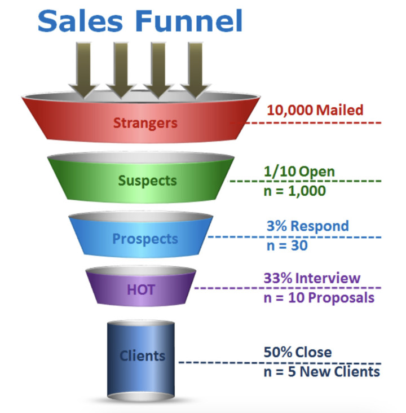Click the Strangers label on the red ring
pos(145,122)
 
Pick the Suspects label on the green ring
pos(147,181)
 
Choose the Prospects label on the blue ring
pos(145,238)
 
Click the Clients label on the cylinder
pos(142,356)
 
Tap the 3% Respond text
pos(307,226)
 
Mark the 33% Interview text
pos(311,278)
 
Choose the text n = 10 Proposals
pos(319,298)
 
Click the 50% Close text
pos(297,353)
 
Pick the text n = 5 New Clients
pos(321,372)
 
